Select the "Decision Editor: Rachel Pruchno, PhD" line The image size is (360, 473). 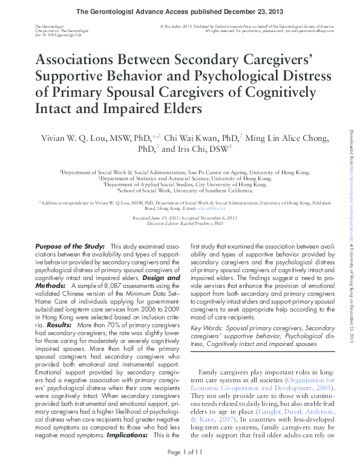179,223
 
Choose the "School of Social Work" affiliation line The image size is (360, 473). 180,190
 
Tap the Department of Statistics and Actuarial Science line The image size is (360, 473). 180,178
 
